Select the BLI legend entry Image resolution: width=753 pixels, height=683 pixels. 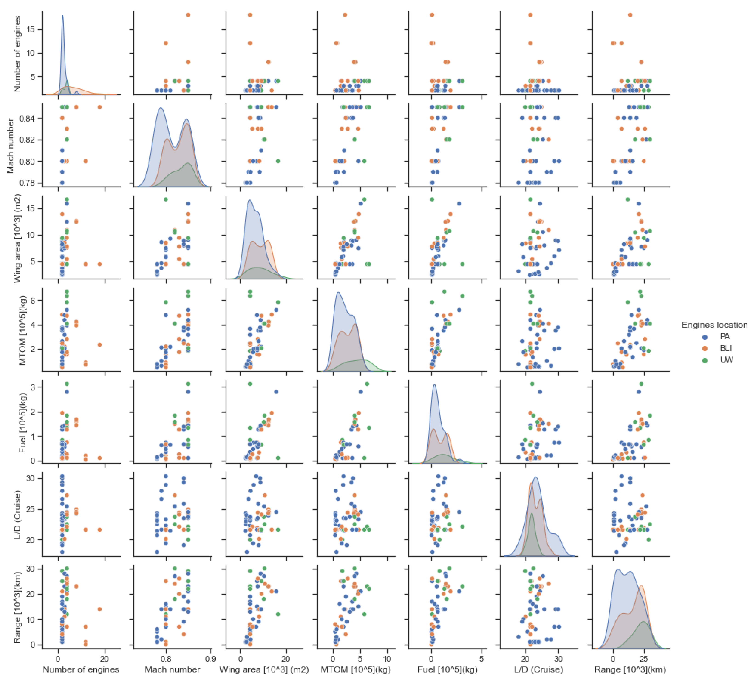[x=726, y=348]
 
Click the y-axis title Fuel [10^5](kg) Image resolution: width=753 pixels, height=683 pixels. [x=23, y=423]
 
